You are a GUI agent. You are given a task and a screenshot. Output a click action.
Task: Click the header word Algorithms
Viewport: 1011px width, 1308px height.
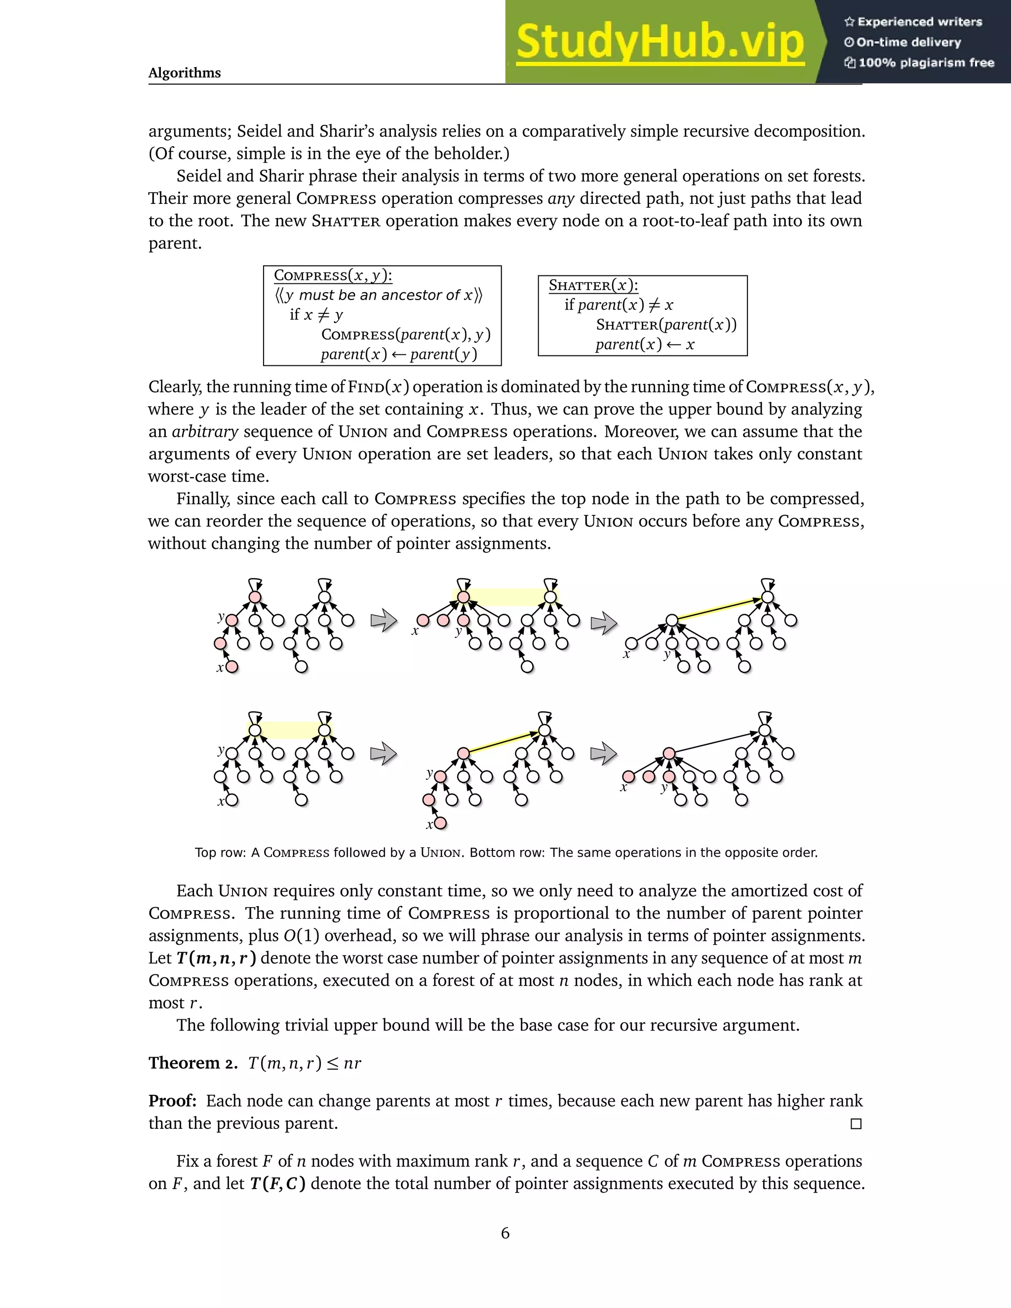(x=185, y=73)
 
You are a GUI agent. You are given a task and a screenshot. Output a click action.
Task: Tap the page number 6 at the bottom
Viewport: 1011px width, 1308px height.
(x=505, y=1233)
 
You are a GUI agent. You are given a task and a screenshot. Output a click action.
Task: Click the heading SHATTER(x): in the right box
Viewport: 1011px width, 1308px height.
(x=593, y=286)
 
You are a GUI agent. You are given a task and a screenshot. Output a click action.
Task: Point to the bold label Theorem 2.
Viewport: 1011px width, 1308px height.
(x=193, y=1063)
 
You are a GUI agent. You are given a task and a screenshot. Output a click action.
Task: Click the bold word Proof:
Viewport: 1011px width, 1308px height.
(x=172, y=1101)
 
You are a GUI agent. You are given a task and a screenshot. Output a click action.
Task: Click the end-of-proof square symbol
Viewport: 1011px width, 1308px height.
(x=856, y=1124)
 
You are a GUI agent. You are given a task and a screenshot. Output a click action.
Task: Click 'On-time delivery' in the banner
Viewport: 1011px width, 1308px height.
(x=909, y=42)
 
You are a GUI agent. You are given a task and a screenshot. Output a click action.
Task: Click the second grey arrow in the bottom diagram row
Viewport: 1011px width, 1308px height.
(x=604, y=753)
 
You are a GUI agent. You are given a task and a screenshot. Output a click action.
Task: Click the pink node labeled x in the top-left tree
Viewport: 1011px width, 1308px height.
(x=233, y=666)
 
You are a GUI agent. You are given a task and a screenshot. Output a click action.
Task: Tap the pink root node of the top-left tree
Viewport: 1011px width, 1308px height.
(x=255, y=597)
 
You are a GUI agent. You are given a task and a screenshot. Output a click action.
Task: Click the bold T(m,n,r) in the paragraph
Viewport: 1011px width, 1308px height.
(x=216, y=958)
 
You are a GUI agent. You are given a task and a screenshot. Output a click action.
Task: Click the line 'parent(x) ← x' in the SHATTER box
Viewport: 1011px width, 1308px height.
(x=644, y=345)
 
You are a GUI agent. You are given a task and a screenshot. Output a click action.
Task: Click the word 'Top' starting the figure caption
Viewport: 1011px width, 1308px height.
(x=205, y=853)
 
